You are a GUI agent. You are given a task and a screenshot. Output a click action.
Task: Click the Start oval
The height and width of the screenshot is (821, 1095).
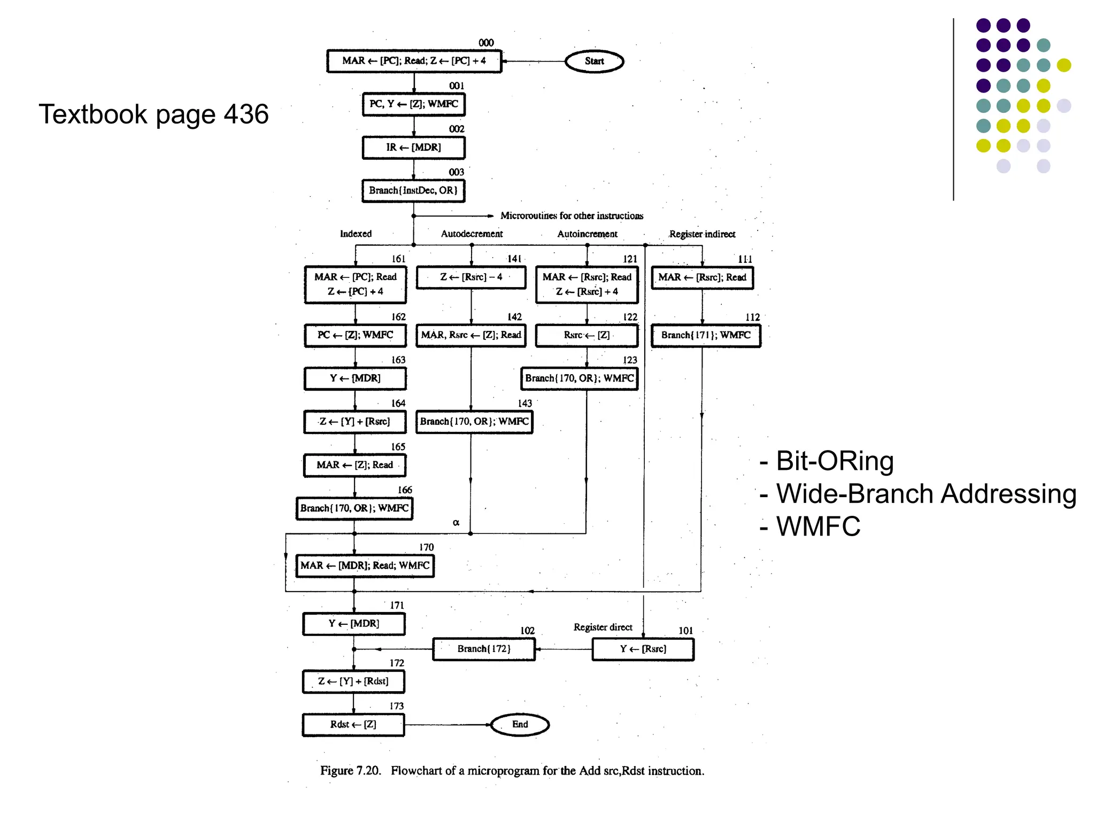594,61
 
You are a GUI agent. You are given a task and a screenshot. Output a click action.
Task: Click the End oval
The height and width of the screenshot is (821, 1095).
520,724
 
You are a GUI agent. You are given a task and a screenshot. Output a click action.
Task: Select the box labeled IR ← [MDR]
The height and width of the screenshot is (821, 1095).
413,148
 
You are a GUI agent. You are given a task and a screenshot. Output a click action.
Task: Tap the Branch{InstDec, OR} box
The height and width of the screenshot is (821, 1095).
413,191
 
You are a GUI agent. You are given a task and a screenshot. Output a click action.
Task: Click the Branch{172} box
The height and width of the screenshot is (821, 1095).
483,649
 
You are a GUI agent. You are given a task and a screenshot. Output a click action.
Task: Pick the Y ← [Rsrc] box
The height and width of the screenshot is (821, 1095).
643,649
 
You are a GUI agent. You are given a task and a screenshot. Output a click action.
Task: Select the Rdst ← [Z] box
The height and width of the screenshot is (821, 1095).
353,725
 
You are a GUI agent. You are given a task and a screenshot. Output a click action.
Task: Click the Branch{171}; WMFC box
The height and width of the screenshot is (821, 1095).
705,336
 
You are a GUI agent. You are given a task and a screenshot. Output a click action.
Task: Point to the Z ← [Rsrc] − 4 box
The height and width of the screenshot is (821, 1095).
471,277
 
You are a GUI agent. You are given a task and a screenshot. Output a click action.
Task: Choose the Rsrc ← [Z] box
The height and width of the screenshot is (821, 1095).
587,336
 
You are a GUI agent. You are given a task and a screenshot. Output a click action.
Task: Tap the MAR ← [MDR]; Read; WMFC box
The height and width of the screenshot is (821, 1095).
365,566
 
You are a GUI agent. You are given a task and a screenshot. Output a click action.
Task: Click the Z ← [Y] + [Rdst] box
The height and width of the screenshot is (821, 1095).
353,681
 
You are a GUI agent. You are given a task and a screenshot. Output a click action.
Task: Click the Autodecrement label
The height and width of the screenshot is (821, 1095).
472,234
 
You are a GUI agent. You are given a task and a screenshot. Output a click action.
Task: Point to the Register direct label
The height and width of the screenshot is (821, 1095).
603,627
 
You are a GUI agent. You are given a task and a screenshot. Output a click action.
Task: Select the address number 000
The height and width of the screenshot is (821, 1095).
486,43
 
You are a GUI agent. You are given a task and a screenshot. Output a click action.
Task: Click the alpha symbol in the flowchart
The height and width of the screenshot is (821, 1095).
456,522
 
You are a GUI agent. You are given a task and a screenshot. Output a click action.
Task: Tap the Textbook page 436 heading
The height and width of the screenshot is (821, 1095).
153,114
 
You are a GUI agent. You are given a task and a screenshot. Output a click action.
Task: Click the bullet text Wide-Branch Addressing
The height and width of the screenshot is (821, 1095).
926,494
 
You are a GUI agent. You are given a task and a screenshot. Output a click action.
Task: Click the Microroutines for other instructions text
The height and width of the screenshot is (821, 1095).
572,216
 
